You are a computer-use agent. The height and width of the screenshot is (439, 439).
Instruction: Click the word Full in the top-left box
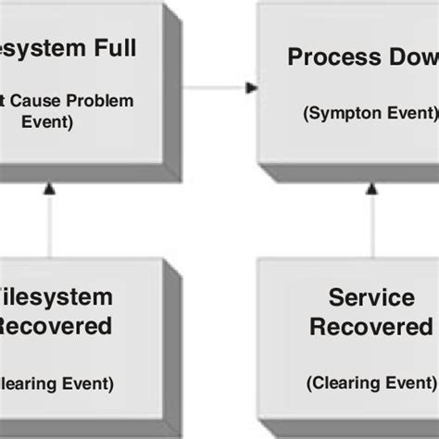114,49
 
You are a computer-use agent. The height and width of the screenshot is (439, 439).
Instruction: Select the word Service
370,297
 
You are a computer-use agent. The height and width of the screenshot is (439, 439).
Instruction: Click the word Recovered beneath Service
370,327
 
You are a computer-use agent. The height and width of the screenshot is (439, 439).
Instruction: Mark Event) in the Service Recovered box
413,382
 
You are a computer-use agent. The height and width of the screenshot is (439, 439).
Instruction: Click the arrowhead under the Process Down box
371,188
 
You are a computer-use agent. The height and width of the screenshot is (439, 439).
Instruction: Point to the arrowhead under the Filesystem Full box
50,188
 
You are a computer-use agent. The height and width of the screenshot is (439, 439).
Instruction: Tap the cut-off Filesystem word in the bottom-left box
56,297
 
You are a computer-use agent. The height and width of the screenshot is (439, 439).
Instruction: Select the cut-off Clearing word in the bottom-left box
28,383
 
